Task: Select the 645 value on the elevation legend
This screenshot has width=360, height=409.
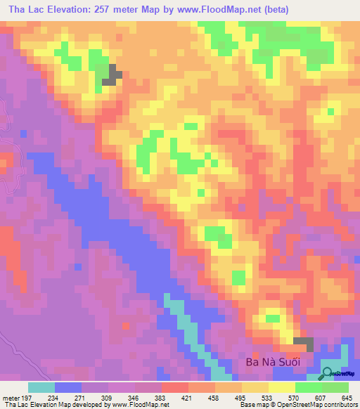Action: coord(347,397)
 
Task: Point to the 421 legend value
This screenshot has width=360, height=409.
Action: coord(188,397)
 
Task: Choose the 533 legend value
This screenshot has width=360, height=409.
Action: coord(267,397)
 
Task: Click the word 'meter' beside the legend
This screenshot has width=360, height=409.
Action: coord(10,397)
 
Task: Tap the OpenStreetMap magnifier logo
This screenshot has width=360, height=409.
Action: coord(328,373)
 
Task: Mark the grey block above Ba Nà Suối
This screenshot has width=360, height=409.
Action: coord(304,344)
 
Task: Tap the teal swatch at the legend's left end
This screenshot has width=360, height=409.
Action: coord(41,387)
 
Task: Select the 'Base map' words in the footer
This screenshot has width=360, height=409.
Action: coord(252,405)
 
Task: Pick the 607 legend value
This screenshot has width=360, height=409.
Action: coord(321,397)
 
